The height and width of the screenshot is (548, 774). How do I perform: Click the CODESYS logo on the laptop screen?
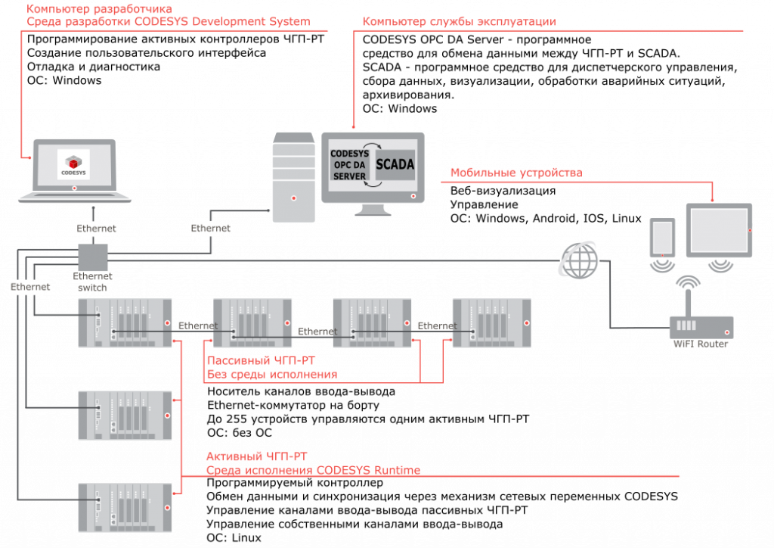coord(73,164)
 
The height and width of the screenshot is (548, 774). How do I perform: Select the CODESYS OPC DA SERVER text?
coord(348,164)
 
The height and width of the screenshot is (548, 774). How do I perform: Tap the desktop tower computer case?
coord(294,178)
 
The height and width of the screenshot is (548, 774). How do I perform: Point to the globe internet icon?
coord(578,260)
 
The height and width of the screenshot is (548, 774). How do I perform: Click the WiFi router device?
coord(701,327)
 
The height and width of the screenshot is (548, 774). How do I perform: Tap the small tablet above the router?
coord(663,237)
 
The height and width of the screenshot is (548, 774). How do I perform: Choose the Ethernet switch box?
coord(94,257)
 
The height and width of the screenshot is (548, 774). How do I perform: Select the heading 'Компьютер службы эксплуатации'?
coord(459,22)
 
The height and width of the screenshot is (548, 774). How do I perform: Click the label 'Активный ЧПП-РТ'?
coord(256,456)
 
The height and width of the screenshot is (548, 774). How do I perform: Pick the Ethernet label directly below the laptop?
coord(96,228)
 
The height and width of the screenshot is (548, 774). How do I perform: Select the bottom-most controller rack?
coord(125,507)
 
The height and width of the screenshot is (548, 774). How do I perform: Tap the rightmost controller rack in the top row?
coord(491,323)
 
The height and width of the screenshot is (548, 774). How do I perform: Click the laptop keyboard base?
coord(74,198)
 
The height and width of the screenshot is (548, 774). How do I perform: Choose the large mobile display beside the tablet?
coord(718,231)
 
